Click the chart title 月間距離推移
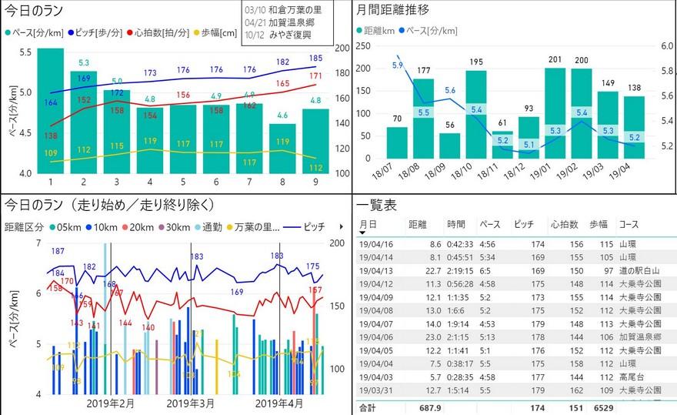point(393,10)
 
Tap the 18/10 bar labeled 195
point(476,115)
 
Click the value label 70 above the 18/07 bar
point(397,119)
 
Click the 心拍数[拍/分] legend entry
point(161,33)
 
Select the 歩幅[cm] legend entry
point(218,33)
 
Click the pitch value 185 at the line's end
point(315,58)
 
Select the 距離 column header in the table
point(418,224)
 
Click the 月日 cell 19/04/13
point(376,270)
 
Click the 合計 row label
point(369,407)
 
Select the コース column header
point(629,224)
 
